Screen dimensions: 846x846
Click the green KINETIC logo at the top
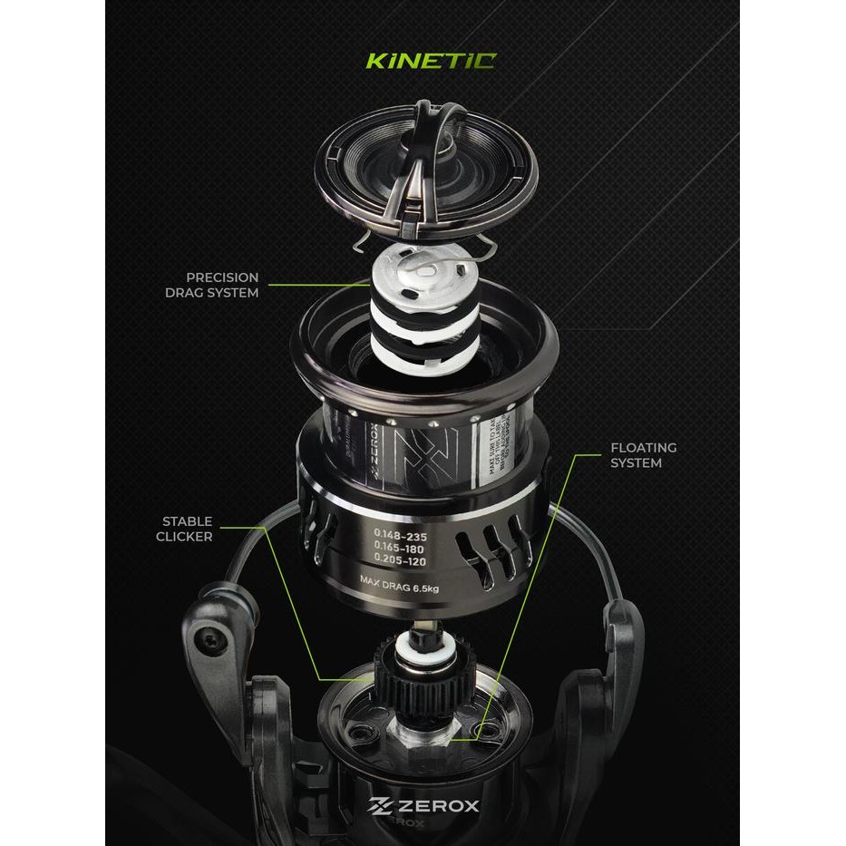click(x=430, y=62)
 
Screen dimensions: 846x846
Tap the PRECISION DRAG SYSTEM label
click(x=222, y=285)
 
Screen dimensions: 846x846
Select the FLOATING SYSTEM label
click(x=643, y=455)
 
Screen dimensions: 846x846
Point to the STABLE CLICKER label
click(x=188, y=529)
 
